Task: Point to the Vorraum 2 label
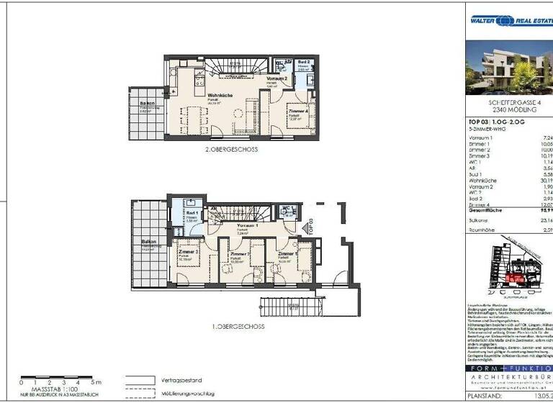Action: coord(277,78)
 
